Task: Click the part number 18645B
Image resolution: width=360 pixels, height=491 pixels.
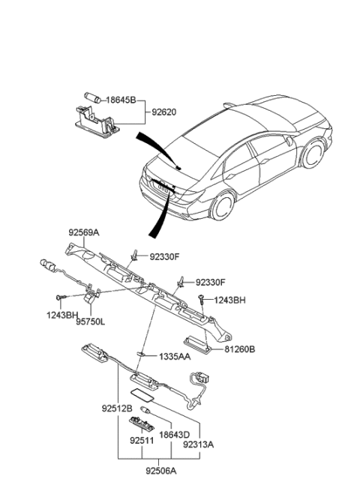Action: pyautogui.click(x=120, y=99)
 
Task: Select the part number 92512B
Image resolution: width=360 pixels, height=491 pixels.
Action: pyautogui.click(x=117, y=409)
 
